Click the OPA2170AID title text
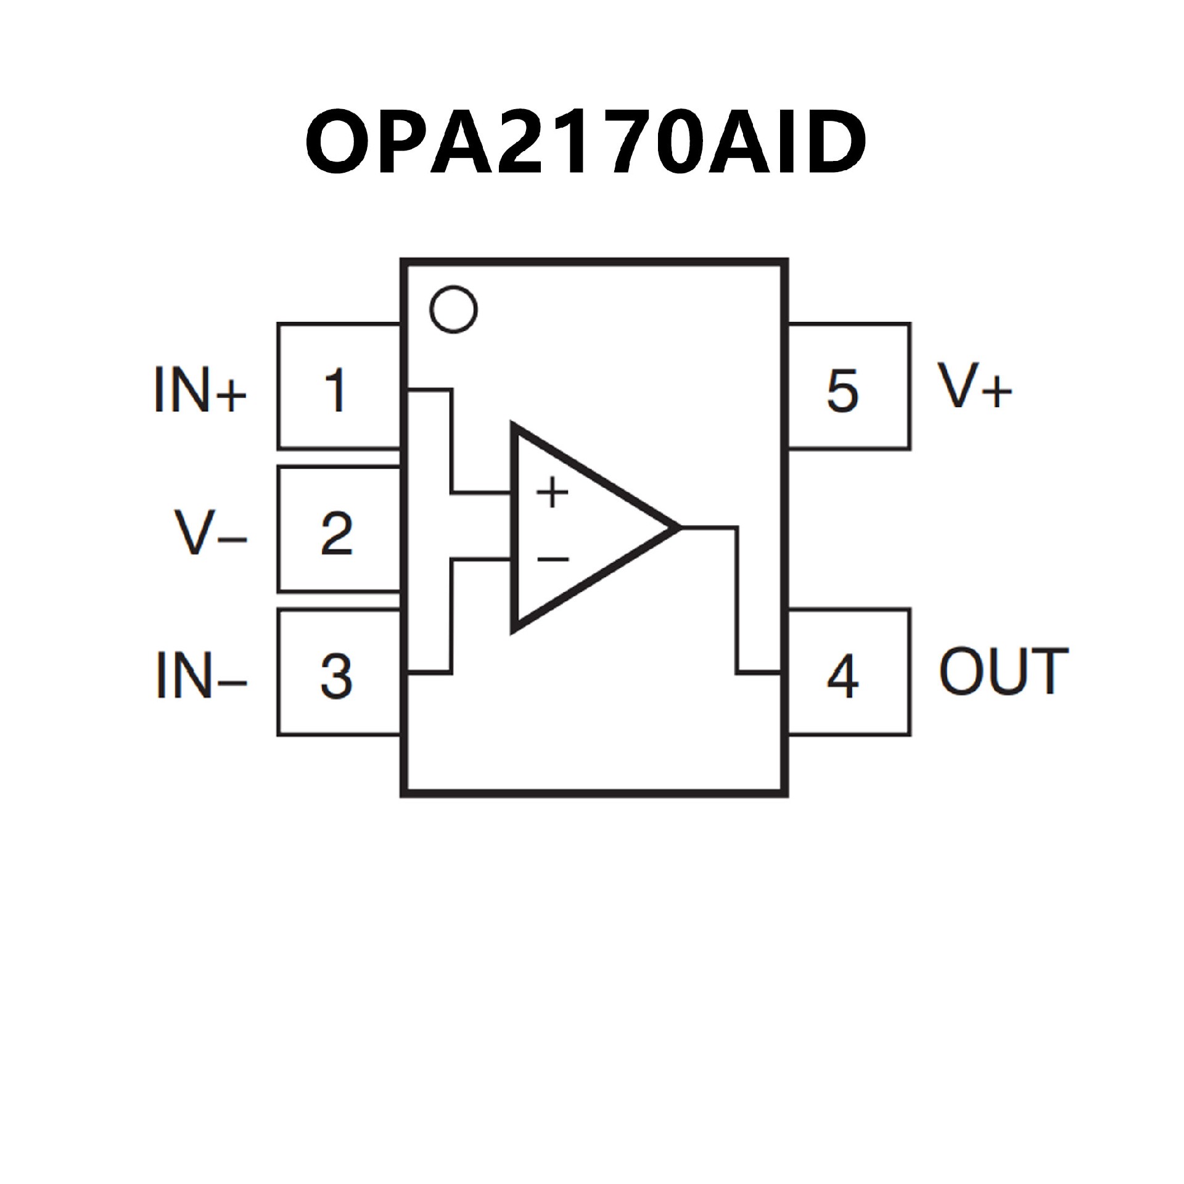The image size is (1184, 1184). [586, 141]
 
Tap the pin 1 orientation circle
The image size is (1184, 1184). [453, 309]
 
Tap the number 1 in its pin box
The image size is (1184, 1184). [335, 390]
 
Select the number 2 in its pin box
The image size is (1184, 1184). [337, 533]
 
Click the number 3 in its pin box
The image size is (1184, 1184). [337, 676]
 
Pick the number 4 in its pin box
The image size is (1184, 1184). [842, 676]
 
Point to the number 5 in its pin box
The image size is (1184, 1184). [842, 390]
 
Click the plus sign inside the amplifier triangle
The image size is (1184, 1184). [553, 493]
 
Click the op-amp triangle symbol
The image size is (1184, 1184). [586, 528]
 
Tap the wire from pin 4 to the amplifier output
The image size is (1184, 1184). [737, 604]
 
